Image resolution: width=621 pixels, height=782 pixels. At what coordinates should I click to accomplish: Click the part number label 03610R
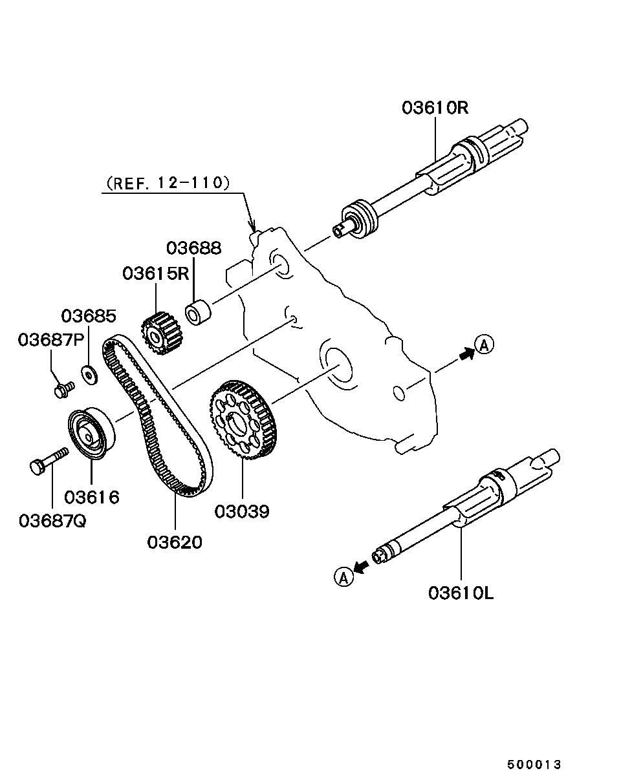click(x=435, y=108)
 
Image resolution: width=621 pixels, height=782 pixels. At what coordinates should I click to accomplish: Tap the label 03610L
click(x=461, y=594)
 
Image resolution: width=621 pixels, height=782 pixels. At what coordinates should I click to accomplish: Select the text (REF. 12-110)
click(x=168, y=183)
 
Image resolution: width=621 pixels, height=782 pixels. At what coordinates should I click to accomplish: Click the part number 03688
click(x=194, y=248)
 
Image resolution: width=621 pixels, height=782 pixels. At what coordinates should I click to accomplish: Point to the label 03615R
click(x=156, y=273)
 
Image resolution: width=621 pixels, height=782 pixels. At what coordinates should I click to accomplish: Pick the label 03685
click(x=89, y=316)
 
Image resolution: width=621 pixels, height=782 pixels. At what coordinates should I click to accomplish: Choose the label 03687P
click(x=51, y=340)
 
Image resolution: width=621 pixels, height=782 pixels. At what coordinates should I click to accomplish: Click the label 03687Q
click(x=52, y=521)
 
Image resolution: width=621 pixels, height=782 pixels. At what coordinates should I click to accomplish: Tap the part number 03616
click(x=92, y=497)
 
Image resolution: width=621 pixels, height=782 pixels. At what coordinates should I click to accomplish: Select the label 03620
click(x=175, y=542)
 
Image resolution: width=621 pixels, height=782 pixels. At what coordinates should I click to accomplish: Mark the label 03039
click(x=242, y=512)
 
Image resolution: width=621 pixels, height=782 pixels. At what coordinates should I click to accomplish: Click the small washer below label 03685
click(x=89, y=375)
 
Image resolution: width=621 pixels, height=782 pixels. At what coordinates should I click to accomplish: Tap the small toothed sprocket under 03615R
click(x=162, y=333)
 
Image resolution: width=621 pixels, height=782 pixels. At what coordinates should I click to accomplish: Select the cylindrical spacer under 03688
click(x=198, y=312)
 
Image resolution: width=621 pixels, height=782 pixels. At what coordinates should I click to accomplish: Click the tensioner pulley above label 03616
click(x=91, y=434)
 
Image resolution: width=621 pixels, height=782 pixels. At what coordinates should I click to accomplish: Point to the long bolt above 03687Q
click(x=49, y=461)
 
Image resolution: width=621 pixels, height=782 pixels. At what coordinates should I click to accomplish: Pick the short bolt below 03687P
click(x=64, y=390)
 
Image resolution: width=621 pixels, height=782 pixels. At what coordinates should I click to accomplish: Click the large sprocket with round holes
click(x=243, y=419)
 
